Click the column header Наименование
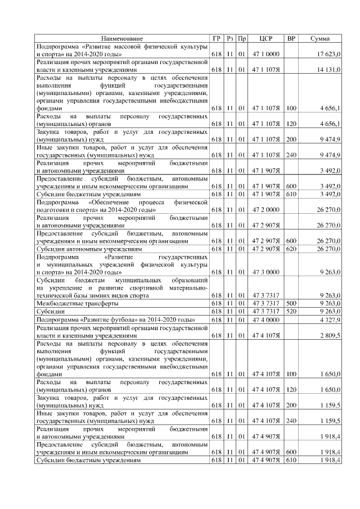click(121, 38)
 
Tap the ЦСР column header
click(266, 38)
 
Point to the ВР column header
click(291, 38)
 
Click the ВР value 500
click(291, 303)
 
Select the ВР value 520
click(291, 311)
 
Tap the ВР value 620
click(291, 249)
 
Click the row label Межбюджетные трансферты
click(69, 303)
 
